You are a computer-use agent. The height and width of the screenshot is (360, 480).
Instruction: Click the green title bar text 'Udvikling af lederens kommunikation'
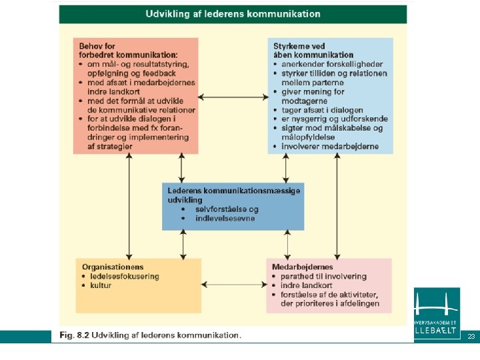(233, 14)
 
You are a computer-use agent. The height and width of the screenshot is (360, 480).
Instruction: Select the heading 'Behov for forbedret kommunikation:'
(128, 51)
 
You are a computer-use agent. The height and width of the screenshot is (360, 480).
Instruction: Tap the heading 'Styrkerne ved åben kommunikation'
(313, 51)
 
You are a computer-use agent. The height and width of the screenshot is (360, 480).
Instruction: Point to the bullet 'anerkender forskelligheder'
(332, 64)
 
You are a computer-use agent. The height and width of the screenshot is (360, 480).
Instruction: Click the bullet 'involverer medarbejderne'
(330, 147)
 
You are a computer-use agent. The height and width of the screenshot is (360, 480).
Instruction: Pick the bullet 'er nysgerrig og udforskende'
(335, 119)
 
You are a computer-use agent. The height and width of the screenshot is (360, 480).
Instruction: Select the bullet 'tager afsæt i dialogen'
(322, 110)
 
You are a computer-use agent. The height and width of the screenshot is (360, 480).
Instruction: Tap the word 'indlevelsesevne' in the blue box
(225, 219)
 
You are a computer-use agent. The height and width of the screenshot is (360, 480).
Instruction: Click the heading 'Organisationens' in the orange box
(113, 267)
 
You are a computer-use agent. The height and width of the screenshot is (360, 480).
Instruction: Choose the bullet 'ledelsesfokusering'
(125, 277)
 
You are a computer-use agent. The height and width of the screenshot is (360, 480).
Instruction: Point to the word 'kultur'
(101, 285)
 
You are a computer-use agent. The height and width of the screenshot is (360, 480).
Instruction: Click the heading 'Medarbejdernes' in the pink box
(302, 267)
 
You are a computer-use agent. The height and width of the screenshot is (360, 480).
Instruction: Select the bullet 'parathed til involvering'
(323, 277)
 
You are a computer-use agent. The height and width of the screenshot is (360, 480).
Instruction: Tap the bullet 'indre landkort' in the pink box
(307, 285)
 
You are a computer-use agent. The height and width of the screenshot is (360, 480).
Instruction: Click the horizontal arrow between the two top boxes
(233, 97)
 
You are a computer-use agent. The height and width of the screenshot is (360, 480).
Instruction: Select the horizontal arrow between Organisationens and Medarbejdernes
(234, 285)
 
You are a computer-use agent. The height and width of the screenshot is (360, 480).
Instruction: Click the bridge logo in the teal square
(437, 305)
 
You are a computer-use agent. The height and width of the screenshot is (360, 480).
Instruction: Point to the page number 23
(471, 337)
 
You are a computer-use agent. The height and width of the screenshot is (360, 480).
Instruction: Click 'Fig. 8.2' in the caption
(75, 335)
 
